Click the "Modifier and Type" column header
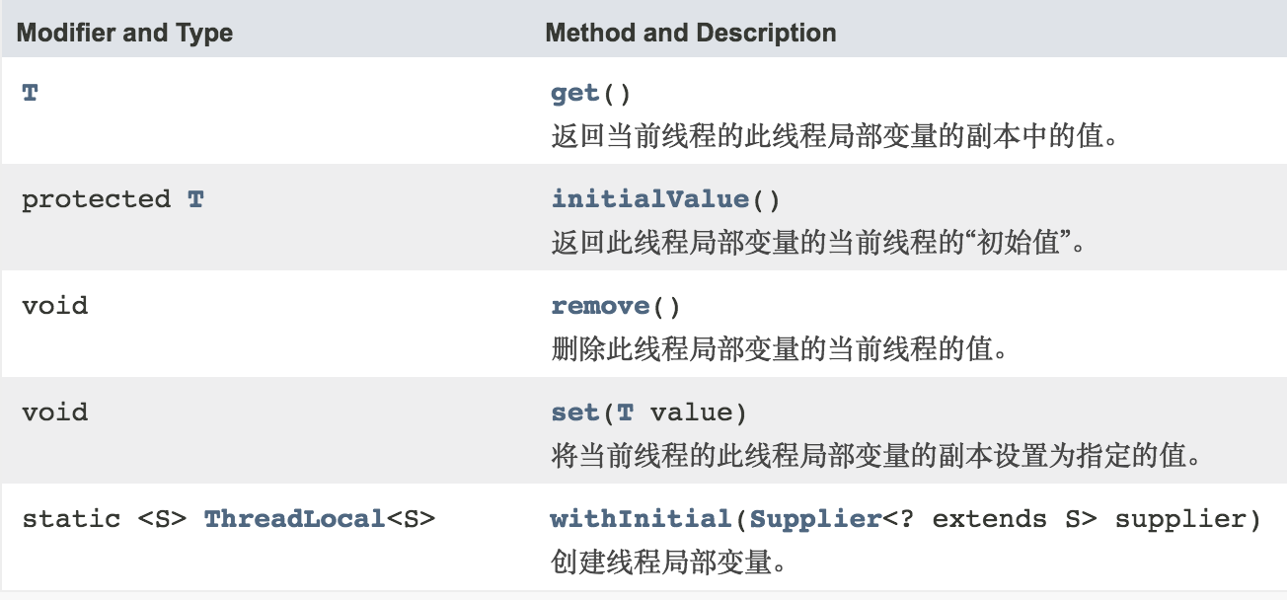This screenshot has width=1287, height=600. point(125,33)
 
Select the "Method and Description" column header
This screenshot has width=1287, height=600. point(690,33)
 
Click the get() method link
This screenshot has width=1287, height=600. point(575,93)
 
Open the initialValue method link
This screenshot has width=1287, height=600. point(650,198)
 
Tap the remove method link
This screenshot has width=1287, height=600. point(600,305)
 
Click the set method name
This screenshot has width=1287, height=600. point(575,412)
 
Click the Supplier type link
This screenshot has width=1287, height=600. point(814,518)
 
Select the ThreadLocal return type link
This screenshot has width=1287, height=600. point(293,518)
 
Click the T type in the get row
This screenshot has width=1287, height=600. point(30,93)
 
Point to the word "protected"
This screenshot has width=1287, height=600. point(96,198)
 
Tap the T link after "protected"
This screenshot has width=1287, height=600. point(195,198)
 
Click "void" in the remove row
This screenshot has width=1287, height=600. point(54,305)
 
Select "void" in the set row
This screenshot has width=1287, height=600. point(54,412)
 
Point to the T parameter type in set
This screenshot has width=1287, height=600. point(625,412)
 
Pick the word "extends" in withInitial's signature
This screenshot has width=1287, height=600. point(988,518)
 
